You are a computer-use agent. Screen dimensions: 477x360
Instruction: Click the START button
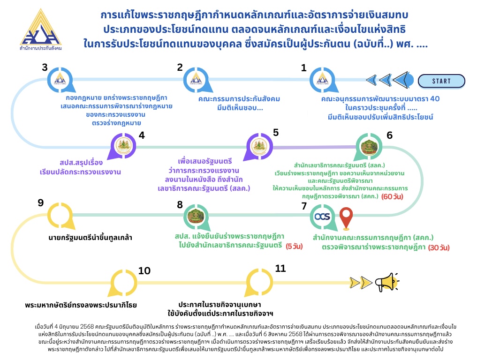(441, 81)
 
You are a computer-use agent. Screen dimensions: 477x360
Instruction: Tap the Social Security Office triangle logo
(41, 29)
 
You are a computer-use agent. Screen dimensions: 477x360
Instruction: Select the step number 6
(389, 135)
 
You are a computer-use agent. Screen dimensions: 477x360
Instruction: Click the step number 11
(280, 269)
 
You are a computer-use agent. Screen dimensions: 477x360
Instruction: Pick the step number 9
(40, 203)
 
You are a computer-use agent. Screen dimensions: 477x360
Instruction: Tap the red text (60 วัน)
(392, 196)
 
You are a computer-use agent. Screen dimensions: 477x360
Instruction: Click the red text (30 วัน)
(439, 247)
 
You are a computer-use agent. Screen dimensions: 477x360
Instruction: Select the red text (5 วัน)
(294, 246)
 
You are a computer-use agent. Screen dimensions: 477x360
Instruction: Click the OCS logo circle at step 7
(322, 217)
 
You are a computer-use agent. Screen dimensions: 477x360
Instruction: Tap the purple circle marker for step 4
(123, 146)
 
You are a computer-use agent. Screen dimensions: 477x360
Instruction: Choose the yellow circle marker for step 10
(123, 282)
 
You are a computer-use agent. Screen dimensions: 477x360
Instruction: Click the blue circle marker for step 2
(196, 80)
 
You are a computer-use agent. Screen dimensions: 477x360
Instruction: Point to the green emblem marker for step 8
(196, 217)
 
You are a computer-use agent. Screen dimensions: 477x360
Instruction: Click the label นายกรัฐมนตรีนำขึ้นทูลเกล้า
(91, 238)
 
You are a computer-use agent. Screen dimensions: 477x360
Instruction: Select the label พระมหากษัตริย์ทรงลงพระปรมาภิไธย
(81, 305)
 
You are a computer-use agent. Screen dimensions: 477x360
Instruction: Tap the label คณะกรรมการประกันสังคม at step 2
(239, 99)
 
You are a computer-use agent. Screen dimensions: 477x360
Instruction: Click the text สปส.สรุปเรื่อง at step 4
(81, 163)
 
